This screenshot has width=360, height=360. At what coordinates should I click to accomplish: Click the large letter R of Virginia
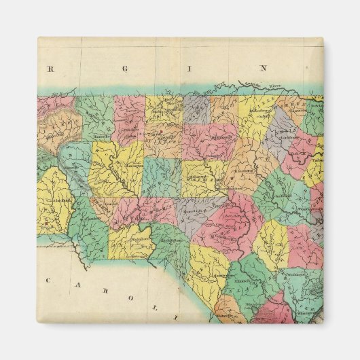click(x=50, y=68)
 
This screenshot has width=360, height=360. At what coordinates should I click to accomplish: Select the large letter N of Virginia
click(x=259, y=68)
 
